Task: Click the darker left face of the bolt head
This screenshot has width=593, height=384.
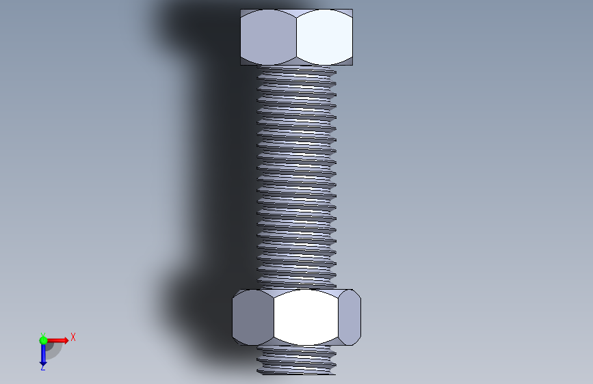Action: point(268,37)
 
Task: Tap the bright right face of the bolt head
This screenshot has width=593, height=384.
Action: point(324,37)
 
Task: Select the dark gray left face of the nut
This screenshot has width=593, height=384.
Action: point(252,318)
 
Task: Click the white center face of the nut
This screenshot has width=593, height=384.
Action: point(306,318)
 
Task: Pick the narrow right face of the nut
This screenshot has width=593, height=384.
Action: point(350,318)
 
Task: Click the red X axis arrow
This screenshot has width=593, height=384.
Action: point(57,340)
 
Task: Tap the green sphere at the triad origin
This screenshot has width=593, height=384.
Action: point(43,340)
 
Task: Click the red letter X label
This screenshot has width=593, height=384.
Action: point(73,337)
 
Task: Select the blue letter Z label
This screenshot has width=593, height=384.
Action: point(42,368)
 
